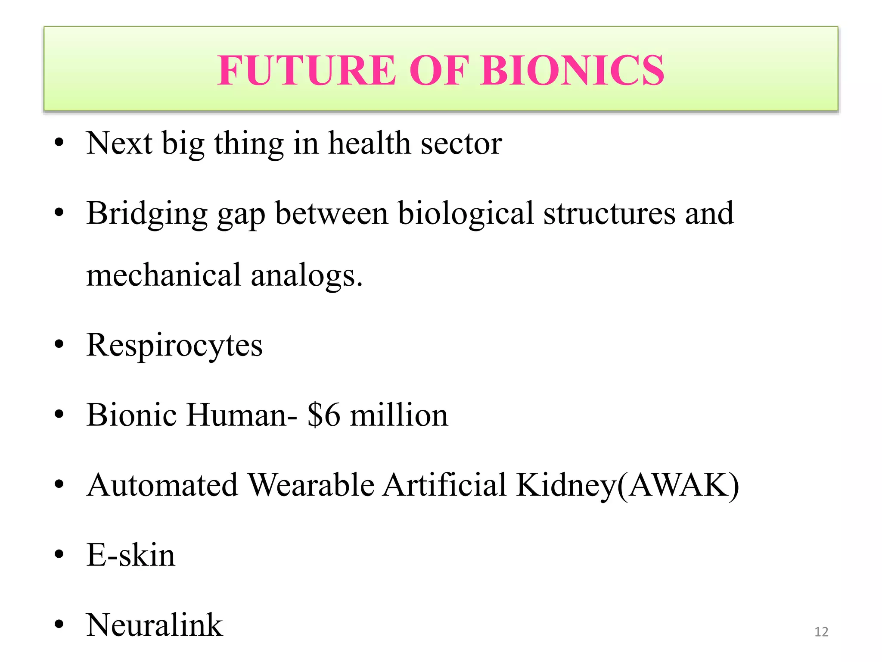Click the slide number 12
click(821, 632)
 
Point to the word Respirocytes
click(174, 345)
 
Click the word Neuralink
click(155, 625)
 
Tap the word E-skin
click(131, 555)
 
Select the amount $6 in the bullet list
click(323, 415)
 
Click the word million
click(399, 415)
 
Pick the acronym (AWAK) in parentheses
click(678, 486)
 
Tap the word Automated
click(162, 485)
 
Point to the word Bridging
click(147, 214)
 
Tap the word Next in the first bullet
click(119, 143)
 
